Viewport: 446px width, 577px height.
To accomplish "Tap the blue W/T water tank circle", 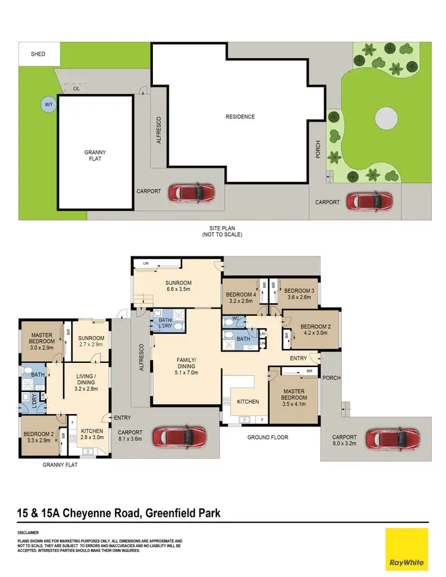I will point(48,105).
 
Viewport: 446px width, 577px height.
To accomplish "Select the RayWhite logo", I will point(406,550).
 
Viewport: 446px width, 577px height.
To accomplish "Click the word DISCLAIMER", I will point(28,532).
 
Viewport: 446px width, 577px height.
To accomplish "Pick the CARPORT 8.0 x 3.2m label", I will point(345,440).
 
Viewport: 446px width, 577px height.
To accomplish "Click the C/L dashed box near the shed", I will point(77,89).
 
